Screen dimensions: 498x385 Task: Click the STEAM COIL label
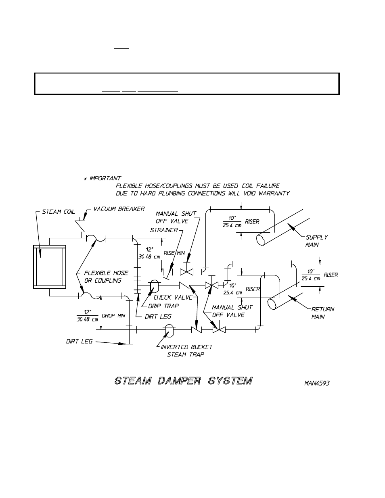point(58,212)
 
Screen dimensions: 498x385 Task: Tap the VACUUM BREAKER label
point(119,209)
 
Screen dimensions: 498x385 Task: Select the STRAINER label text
point(163,230)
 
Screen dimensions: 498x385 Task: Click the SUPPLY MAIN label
point(316,241)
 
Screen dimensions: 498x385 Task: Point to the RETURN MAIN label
point(322,313)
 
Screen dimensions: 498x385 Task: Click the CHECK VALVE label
point(173,297)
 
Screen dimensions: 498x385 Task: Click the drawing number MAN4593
point(316,383)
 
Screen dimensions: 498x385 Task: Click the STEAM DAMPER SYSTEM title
point(183,380)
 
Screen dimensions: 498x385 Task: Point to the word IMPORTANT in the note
point(105,178)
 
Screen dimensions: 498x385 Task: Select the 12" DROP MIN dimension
point(100,316)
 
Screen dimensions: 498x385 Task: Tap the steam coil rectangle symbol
point(50,267)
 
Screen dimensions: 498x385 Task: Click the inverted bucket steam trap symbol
point(170,329)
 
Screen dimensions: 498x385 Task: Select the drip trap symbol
point(154,285)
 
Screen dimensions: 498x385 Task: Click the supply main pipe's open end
point(261,240)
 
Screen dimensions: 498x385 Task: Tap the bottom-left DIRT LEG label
point(79,342)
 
